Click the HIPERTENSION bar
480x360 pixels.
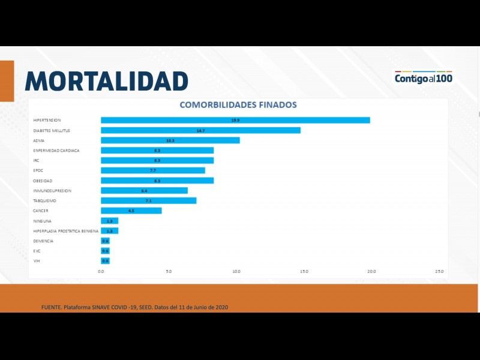[x=235, y=120]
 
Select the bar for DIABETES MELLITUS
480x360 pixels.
[x=200, y=130]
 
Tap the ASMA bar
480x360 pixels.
[x=170, y=140]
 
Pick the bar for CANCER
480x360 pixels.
[x=131, y=211]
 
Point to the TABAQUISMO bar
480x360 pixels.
[x=148, y=200]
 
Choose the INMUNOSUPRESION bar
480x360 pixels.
[x=144, y=191]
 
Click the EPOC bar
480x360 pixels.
[x=152, y=170]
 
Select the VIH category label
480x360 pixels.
[x=37, y=261]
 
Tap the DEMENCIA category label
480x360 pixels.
[x=43, y=241]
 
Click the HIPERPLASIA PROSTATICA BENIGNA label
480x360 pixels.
[x=65, y=231]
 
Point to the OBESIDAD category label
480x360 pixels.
[x=43, y=181]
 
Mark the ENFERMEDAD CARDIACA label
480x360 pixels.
[x=56, y=150]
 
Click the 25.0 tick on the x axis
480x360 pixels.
[x=439, y=272]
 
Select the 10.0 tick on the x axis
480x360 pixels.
[x=236, y=272]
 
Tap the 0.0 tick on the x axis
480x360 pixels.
[x=101, y=272]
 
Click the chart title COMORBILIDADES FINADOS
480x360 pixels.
[x=238, y=104]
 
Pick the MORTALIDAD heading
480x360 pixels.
[x=107, y=80]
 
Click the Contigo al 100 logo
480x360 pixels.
[x=423, y=77]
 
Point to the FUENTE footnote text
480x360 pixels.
[x=134, y=307]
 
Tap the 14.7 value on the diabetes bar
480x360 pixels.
[x=200, y=130]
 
